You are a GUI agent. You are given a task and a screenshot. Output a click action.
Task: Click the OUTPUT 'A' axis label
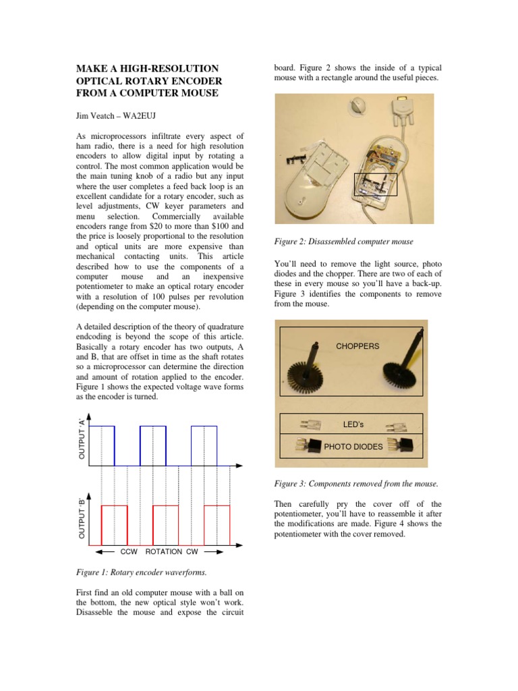(x=82, y=439)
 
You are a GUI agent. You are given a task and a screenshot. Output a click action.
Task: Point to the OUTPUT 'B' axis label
(x=82, y=518)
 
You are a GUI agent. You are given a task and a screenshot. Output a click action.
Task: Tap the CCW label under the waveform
(x=129, y=551)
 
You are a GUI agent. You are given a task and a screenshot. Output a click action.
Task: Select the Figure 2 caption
(x=343, y=242)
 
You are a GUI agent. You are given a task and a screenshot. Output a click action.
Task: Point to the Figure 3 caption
(x=355, y=484)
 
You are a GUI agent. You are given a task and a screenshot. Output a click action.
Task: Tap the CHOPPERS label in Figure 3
(x=357, y=346)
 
